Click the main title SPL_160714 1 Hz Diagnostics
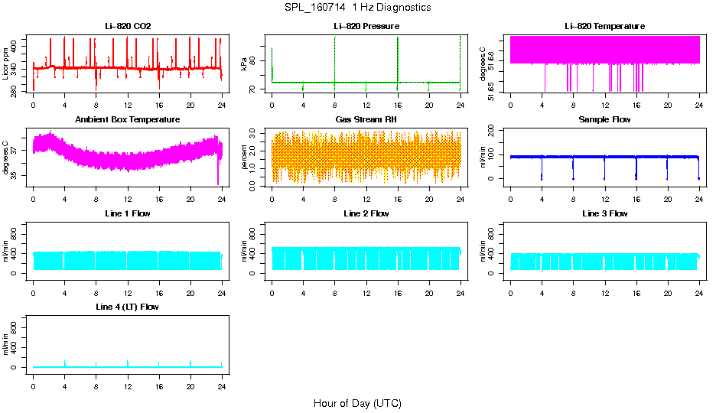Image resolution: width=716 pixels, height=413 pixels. [357, 8]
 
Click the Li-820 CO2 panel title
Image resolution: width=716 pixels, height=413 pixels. [128, 26]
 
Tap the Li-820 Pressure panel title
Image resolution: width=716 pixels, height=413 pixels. [366, 26]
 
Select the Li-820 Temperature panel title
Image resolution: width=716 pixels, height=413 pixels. [604, 26]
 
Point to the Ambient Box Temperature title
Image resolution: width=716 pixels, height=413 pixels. [128, 120]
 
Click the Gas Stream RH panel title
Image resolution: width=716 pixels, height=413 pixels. [366, 120]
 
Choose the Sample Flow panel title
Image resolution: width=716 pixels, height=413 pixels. [604, 120]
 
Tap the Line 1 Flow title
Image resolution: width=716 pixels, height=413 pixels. [128, 213]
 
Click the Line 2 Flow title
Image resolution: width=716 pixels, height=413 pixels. [366, 213]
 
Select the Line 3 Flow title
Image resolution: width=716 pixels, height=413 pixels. [604, 213]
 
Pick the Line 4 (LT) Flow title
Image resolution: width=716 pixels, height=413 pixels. [128, 307]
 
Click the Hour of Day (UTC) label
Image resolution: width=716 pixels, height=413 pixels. [357, 403]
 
